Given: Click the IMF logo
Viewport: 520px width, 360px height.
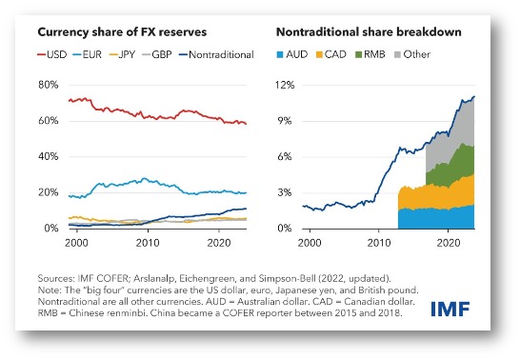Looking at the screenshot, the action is [450, 309].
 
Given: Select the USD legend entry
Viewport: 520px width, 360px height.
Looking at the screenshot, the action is [51, 54].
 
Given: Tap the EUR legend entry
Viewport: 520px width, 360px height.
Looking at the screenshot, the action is [88, 54].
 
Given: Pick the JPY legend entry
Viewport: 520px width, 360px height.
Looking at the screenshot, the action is [122, 54].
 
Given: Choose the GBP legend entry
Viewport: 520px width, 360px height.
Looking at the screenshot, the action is [157, 54].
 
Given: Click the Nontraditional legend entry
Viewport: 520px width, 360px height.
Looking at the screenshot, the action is [216, 54].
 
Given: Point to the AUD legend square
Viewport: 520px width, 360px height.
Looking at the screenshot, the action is [280, 54].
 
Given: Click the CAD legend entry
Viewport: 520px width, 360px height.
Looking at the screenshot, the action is [331, 54].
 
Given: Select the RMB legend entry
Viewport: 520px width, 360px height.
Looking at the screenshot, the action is [370, 54].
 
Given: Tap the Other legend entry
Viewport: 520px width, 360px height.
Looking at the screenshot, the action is [412, 54].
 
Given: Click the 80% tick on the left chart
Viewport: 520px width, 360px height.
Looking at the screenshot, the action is [48, 85].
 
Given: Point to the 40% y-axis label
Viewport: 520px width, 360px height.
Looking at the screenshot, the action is [48, 156].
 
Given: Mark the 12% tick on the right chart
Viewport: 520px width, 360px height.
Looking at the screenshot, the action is [285, 85].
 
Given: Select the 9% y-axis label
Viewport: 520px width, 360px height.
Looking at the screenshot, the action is [285, 121].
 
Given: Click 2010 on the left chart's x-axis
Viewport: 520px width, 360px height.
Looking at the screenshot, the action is [148, 243].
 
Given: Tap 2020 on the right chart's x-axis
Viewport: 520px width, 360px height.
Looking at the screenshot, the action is [449, 243].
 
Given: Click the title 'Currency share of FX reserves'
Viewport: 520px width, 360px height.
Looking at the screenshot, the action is [122, 32].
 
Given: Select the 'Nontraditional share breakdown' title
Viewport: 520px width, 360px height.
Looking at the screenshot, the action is [369, 32].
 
